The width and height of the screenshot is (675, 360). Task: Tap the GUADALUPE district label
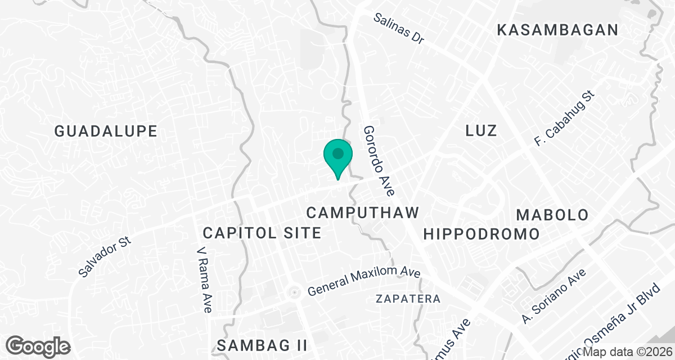click(x=106, y=132)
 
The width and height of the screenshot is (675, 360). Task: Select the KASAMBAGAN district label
click(x=558, y=30)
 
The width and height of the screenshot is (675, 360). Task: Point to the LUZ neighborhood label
click(x=481, y=131)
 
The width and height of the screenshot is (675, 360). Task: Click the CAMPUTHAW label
click(x=363, y=213)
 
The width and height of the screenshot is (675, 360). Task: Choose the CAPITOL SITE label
click(x=262, y=232)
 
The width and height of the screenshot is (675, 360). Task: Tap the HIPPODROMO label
click(x=481, y=233)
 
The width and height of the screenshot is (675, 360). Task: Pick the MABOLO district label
click(x=552, y=215)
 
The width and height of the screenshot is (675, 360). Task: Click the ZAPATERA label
click(x=408, y=299)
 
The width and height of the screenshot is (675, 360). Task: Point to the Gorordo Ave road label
click(x=378, y=160)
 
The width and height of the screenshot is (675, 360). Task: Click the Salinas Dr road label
click(x=399, y=29)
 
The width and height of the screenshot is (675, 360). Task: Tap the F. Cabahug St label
click(x=564, y=117)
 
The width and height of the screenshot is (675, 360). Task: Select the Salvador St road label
click(x=105, y=256)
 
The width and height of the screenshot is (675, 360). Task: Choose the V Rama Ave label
click(x=204, y=279)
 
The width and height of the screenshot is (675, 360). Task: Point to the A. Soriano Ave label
click(x=553, y=296)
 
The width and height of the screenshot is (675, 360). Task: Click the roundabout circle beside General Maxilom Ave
click(x=292, y=292)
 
